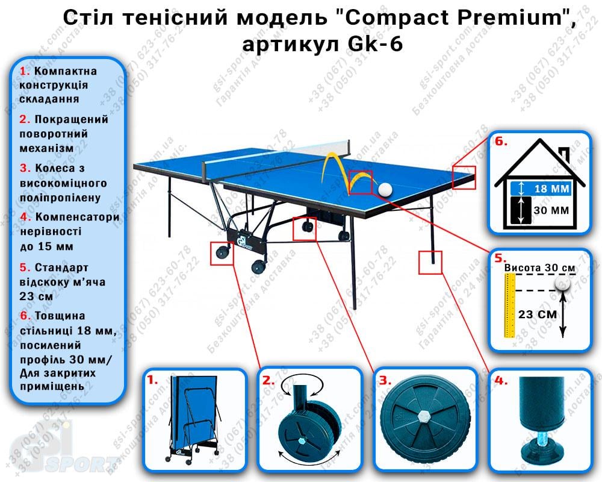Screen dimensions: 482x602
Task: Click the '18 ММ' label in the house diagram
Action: tap(551, 189)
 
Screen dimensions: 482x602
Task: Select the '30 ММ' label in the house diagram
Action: tap(551, 211)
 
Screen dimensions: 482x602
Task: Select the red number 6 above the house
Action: tap(501, 143)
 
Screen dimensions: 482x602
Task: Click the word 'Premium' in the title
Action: tap(499, 19)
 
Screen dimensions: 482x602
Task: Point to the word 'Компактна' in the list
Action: tap(66, 72)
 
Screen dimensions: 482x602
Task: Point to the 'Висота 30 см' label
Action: tap(539, 268)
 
